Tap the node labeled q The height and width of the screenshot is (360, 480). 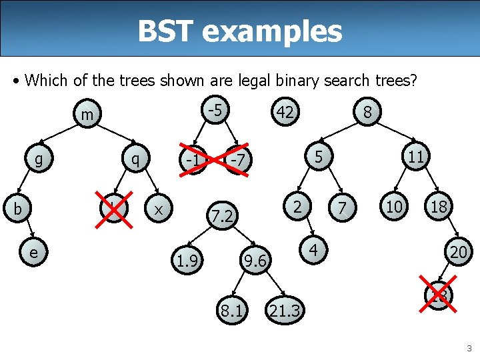point(136,160)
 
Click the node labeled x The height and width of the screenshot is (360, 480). point(159,208)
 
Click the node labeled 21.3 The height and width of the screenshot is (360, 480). point(284,309)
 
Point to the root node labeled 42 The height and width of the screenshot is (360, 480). point(285,113)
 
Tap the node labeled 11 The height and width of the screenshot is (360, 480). point(416,158)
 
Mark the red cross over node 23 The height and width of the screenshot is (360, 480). point(439,294)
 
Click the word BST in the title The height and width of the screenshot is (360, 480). point(169,31)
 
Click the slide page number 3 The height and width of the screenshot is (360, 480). point(469,348)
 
